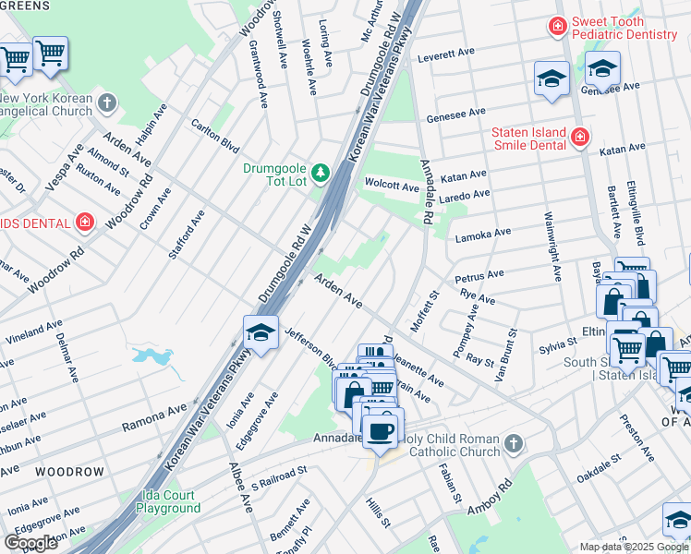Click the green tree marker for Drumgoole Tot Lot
pos(320,173)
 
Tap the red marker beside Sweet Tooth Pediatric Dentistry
pos(557,26)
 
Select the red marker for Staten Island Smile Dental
pos(579,138)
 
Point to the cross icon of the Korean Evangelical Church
pos(107,102)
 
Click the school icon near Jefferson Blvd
pos(261,333)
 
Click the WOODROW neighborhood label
pos(70,472)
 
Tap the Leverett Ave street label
pos(451,56)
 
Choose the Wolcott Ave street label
pos(392,186)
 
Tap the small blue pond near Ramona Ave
pos(149,357)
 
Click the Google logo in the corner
pos(30,543)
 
